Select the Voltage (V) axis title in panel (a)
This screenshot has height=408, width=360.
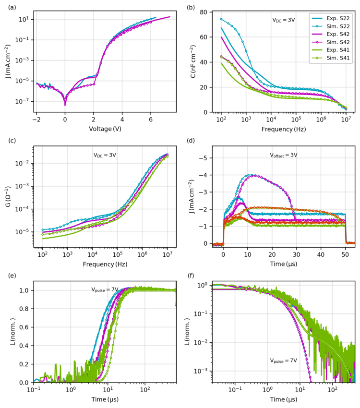[104, 129]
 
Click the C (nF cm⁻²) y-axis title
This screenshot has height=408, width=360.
[193, 61]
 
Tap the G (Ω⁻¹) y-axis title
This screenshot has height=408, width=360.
[9, 197]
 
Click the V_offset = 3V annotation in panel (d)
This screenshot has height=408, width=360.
[284, 155]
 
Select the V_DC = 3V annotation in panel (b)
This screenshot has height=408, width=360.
[284, 20]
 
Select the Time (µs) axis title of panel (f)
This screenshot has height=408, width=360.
[284, 399]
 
